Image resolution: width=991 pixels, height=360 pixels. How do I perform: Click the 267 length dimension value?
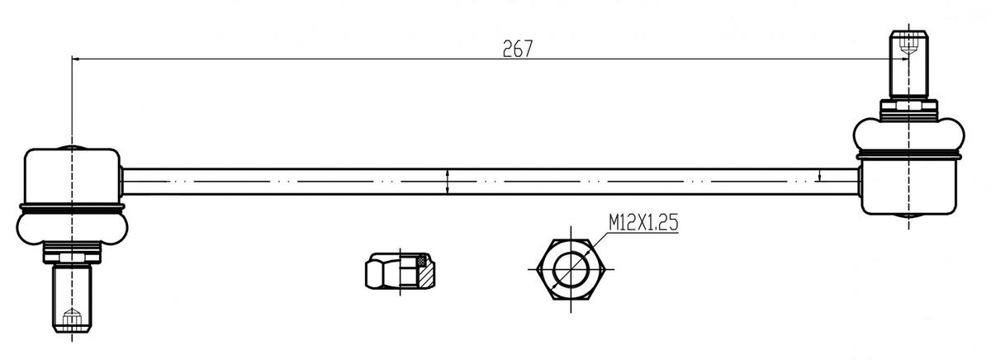pos(517,49)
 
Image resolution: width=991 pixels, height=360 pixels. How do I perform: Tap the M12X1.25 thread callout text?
pos(643,222)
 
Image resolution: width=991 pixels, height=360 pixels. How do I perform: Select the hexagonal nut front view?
pos(571,269)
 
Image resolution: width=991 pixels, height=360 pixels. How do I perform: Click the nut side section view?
pos(400,271)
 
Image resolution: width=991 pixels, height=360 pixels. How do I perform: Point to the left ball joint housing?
pos(72,177)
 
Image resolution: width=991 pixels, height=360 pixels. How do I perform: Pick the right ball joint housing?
pos(908,186)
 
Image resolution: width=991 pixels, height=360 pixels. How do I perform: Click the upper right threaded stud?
pos(908,64)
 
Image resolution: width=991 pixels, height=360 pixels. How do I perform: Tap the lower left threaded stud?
pos(72,298)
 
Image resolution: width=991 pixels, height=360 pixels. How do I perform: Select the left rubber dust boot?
pos(72,227)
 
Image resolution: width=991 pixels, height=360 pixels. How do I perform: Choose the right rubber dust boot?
pos(908,135)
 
